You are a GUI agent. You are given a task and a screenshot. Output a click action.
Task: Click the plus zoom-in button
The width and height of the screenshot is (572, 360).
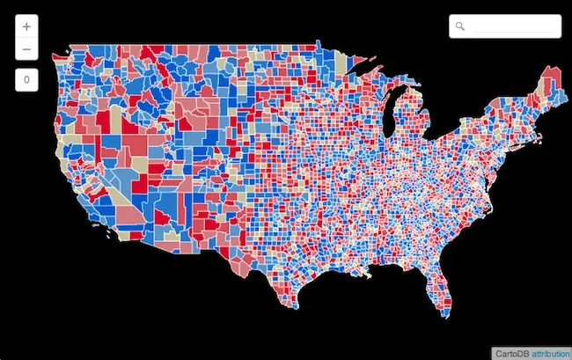click(26, 26)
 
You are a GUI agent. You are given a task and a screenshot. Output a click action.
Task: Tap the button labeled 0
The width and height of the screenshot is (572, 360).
click(26, 80)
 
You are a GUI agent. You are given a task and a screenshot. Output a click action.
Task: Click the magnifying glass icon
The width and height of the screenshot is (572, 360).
click(460, 26)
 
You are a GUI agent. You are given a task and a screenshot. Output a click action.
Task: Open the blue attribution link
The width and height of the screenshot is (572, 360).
click(550, 352)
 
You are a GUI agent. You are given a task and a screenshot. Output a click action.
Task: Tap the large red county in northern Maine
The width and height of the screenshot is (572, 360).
click(552, 77)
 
